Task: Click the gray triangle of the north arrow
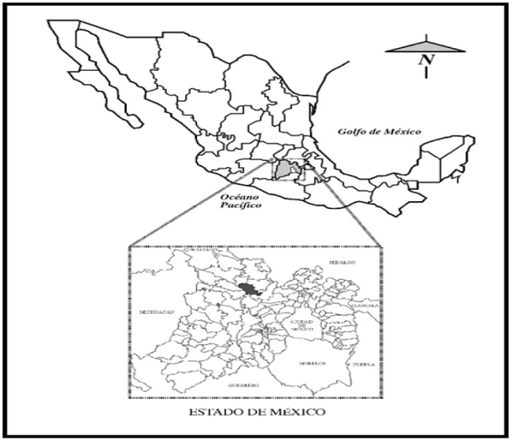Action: pyautogui.click(x=426, y=48)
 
